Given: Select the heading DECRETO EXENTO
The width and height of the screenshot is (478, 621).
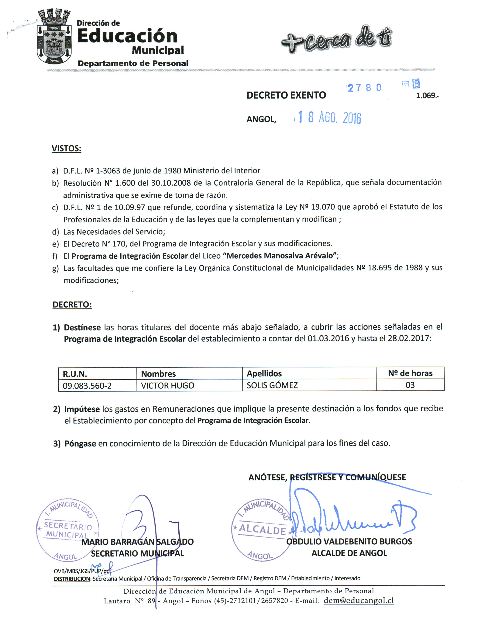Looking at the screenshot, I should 286,95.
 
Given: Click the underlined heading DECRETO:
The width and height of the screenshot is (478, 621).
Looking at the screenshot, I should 72,305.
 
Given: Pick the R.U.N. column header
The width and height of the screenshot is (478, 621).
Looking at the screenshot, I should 75,374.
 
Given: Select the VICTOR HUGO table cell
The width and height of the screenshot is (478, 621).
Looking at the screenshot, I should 167,386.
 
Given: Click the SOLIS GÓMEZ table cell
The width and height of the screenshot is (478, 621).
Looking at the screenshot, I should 272,385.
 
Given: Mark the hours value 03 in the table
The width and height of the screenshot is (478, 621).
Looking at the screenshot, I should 410,385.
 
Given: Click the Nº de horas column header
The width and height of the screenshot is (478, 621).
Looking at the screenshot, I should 410,373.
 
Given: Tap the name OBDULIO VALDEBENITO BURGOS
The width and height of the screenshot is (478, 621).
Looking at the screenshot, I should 349,541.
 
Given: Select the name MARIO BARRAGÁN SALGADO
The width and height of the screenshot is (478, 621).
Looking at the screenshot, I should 137,542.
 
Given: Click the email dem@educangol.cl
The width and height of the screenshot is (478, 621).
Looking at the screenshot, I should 359,600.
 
